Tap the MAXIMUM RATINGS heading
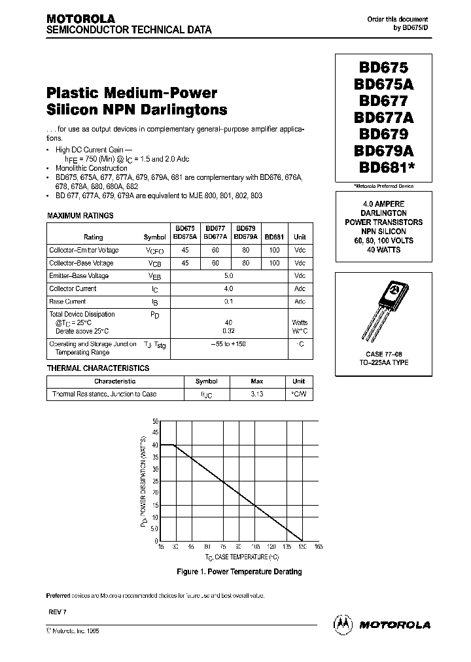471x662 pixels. pos(80,215)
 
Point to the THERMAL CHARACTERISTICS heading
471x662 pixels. pos(98,368)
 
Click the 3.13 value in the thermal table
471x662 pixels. pos(256,394)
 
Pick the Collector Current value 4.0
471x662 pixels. pos(228,288)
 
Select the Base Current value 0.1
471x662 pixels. pos(228,302)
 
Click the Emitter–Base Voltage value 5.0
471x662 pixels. pos(228,275)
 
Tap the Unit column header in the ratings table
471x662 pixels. pos(300,237)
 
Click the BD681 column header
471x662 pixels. pos(274,237)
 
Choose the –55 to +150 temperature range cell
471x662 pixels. pos(228,344)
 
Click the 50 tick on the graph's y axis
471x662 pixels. pos(154,422)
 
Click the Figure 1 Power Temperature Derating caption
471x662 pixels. pos(239,572)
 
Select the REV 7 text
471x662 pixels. pos(58,610)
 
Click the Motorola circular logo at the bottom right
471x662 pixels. pos(343,625)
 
